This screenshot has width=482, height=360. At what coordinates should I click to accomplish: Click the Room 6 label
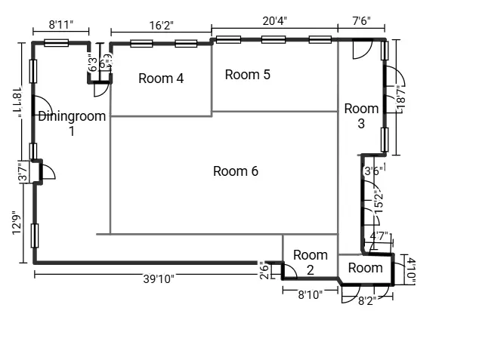236,171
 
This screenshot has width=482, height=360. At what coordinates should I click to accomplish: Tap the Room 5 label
248,75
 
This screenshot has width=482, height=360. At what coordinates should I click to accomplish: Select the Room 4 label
161,78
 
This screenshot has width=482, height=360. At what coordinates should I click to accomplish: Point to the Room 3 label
361,115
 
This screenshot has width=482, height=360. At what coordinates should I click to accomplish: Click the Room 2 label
310,262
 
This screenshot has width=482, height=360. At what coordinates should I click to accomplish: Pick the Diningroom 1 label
72,123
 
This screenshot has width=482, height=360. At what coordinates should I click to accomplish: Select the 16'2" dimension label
161,25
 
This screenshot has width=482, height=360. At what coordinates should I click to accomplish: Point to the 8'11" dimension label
60,25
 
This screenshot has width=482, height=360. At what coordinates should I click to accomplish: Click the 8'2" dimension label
366,300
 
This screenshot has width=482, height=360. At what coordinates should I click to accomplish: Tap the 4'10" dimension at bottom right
411,269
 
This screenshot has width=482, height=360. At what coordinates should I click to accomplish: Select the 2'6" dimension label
263,269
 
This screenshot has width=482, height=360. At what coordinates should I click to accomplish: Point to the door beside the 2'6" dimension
289,271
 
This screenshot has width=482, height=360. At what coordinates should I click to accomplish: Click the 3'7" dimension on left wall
23,173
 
